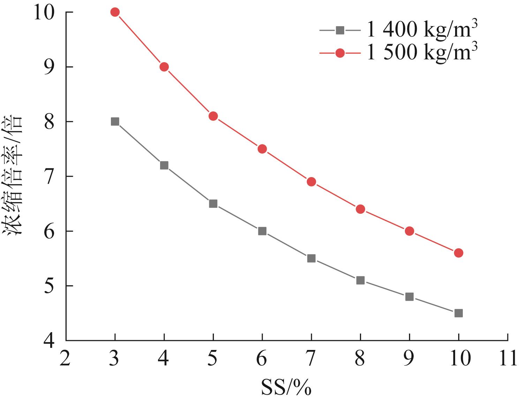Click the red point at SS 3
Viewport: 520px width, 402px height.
115,12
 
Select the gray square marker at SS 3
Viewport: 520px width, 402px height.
115,122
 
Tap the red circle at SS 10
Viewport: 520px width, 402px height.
459,253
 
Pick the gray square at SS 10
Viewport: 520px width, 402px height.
459,313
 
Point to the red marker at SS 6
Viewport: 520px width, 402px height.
262,149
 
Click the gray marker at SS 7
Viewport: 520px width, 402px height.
311,258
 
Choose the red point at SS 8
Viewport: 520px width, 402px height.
361,209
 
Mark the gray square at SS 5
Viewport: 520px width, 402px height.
213,204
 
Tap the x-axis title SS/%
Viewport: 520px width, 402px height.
286,388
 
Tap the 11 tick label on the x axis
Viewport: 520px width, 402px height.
507,359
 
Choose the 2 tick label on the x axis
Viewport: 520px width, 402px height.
66,359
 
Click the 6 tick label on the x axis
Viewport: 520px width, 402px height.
262,359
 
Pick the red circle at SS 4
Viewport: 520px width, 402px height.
164,67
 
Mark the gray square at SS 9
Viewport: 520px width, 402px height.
409,297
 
